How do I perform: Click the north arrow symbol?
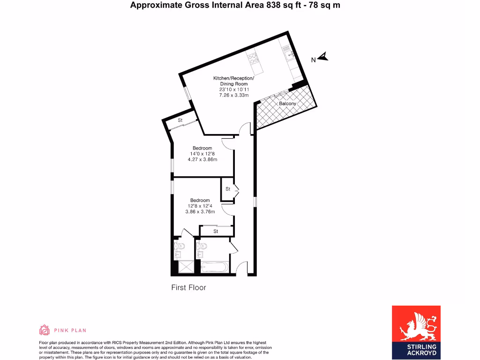[x=323, y=58]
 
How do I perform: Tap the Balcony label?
[x=287, y=104]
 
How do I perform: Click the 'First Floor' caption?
[x=188, y=287]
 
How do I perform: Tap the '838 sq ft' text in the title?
[x=269, y=5]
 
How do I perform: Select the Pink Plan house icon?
[x=44, y=330]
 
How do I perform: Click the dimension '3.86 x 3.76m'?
[x=200, y=211]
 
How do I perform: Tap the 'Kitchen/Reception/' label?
[x=233, y=78]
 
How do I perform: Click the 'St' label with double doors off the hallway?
[x=228, y=189]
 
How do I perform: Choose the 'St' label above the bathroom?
[x=216, y=231]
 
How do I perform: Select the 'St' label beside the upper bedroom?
[x=180, y=120]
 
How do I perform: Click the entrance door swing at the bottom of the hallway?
[x=241, y=268]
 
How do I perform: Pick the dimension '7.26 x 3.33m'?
[x=233, y=95]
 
